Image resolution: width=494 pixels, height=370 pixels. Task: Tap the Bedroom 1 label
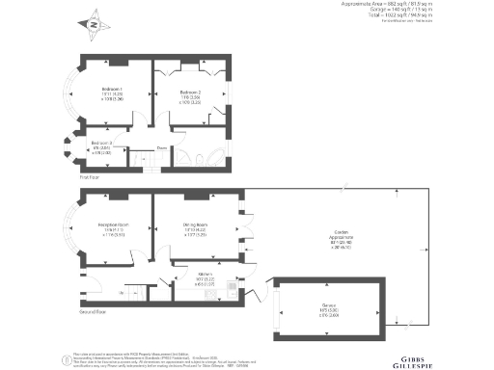tap(113, 92)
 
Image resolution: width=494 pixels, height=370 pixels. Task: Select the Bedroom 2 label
tap(188, 92)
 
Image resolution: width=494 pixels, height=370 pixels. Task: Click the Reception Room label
tap(115, 229)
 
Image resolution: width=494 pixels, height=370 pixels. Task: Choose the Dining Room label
tap(196, 229)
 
